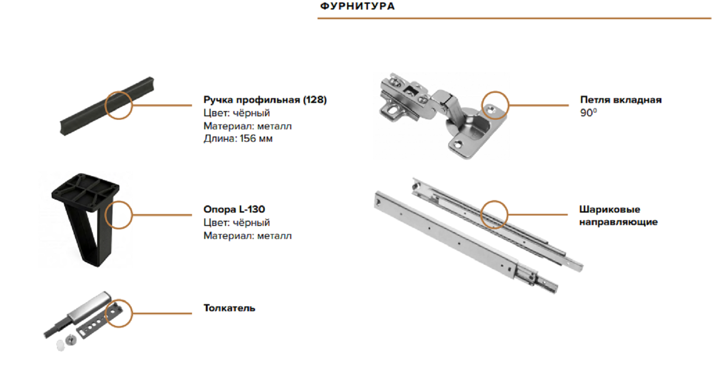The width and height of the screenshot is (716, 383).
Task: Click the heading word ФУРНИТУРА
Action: [358, 6]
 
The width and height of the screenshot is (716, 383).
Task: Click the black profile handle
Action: [107, 106]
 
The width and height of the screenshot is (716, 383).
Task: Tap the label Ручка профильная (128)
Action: [265, 100]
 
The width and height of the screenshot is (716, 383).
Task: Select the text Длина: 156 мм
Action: [238, 139]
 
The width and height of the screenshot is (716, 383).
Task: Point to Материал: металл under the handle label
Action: [247, 126]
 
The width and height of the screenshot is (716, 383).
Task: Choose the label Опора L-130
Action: [235, 209]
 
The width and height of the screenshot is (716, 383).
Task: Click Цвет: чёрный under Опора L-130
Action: [236, 223]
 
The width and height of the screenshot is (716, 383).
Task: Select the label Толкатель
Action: [229, 308]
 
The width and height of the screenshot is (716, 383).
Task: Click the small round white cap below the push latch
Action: [60, 345]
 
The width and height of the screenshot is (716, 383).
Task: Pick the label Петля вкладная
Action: [621, 100]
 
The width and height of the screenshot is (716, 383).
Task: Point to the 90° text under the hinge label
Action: [589, 113]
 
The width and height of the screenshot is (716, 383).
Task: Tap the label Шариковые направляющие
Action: [618, 216]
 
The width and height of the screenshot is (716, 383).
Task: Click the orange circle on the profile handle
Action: [119, 92]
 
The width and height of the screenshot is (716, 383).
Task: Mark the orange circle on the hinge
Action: [495, 92]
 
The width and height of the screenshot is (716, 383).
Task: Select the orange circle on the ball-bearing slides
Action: [494, 201]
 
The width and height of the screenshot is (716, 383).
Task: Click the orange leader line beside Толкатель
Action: [162, 313]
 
